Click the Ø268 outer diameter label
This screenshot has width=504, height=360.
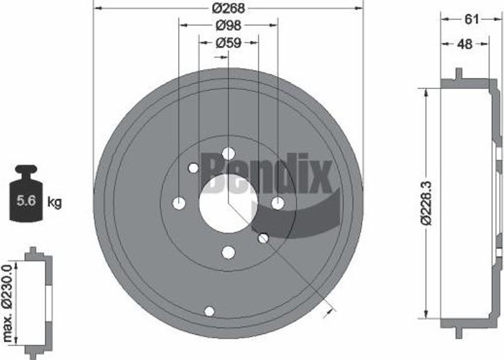pos(228,8)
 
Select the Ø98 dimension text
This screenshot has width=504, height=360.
pos(228,25)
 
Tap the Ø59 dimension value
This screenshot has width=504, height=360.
pos(228,43)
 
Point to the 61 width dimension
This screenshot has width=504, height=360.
pos(471,19)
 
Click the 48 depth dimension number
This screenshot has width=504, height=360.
pos(464,44)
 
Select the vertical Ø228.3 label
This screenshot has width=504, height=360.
pos(426,203)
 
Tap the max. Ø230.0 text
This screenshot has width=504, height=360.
pos(8,302)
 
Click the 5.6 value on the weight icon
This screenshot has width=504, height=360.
pos(26,200)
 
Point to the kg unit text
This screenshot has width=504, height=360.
pos(55,202)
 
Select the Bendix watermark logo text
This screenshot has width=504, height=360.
pos(268,173)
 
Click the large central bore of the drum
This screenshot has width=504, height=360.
pos(228,203)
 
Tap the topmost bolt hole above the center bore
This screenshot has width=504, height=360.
pos(228,153)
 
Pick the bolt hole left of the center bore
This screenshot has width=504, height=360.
pos(179,203)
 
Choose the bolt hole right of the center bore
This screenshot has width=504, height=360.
pos(278,203)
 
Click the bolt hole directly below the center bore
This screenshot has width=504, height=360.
pos(228,253)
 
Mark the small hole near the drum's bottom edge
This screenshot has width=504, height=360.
pos(209,311)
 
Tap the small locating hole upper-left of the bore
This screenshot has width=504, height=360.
pos(193,168)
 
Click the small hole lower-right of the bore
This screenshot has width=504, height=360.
pos(263,238)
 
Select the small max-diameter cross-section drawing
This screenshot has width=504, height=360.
pos(38,302)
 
